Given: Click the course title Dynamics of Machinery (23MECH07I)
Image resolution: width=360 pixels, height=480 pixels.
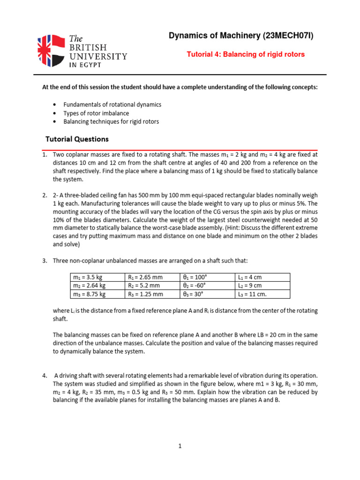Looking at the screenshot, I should point(241,36).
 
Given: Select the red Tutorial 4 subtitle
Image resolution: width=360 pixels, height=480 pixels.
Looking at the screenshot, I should point(246,54).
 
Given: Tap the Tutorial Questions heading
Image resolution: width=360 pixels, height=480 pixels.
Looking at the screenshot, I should point(77,139).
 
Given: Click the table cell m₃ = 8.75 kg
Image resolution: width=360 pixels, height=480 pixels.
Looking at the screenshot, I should point(89,294).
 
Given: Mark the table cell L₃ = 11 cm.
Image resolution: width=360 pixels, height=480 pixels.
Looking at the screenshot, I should point(252,294).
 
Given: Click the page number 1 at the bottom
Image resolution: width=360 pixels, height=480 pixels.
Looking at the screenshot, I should point(180,446).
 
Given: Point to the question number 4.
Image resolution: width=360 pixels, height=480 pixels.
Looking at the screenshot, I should point(45,375).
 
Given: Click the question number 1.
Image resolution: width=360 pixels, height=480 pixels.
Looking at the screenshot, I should point(45,154).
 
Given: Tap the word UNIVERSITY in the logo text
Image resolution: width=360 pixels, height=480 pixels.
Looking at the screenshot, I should point(98,56).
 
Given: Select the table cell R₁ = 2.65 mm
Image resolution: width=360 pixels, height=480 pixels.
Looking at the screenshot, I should point(146,277).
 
